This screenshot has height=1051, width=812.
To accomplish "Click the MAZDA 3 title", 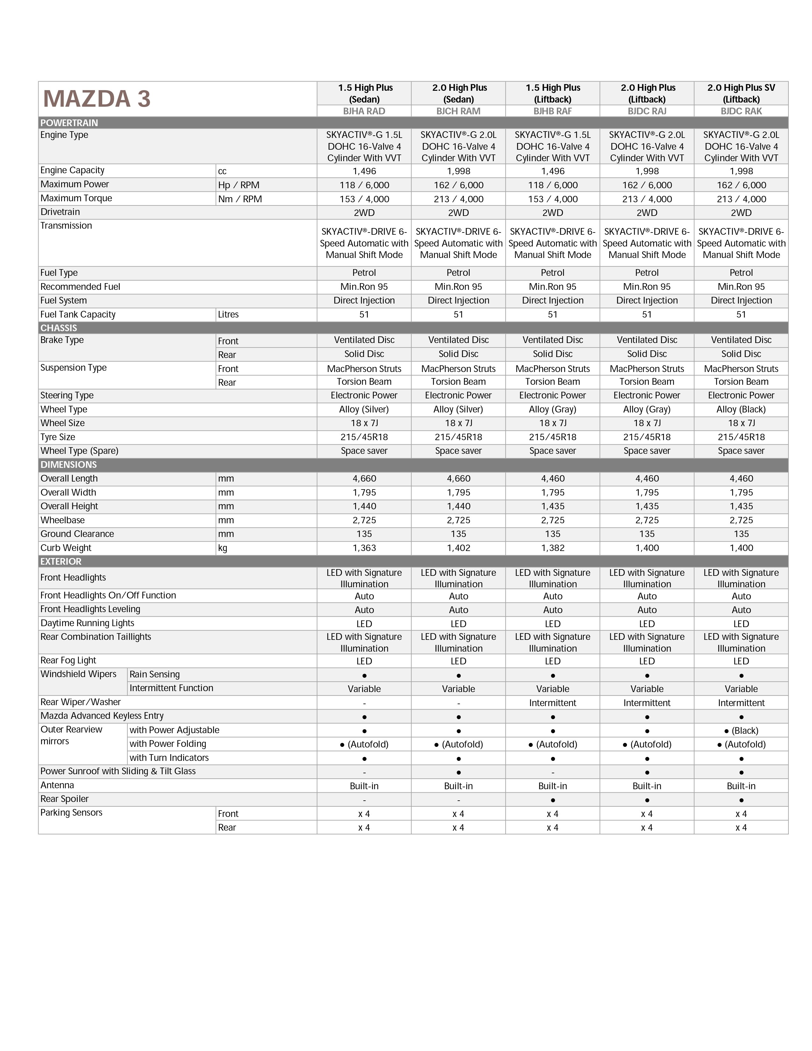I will pyautogui.click(x=97, y=99).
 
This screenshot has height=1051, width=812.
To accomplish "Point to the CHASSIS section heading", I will pyautogui.click(x=59, y=328).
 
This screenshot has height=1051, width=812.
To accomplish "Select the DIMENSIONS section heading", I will pyautogui.click(x=68, y=464).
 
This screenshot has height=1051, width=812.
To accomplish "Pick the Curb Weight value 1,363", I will pyautogui.click(x=364, y=548).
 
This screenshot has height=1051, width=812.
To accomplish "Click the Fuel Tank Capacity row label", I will pyautogui.click(x=78, y=314).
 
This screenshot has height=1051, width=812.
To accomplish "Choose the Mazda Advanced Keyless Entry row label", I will pyautogui.click(x=102, y=716).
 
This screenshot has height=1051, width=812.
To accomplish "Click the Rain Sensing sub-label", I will pyautogui.click(x=154, y=674).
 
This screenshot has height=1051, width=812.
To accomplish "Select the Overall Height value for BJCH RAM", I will pyautogui.click(x=459, y=506).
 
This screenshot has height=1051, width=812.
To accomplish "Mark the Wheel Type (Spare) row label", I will pyautogui.click(x=79, y=451).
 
